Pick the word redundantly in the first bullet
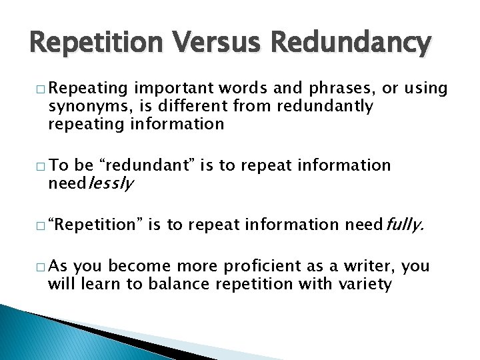tap(321, 106)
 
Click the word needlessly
tap(91, 183)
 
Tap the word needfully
tap(383, 226)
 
